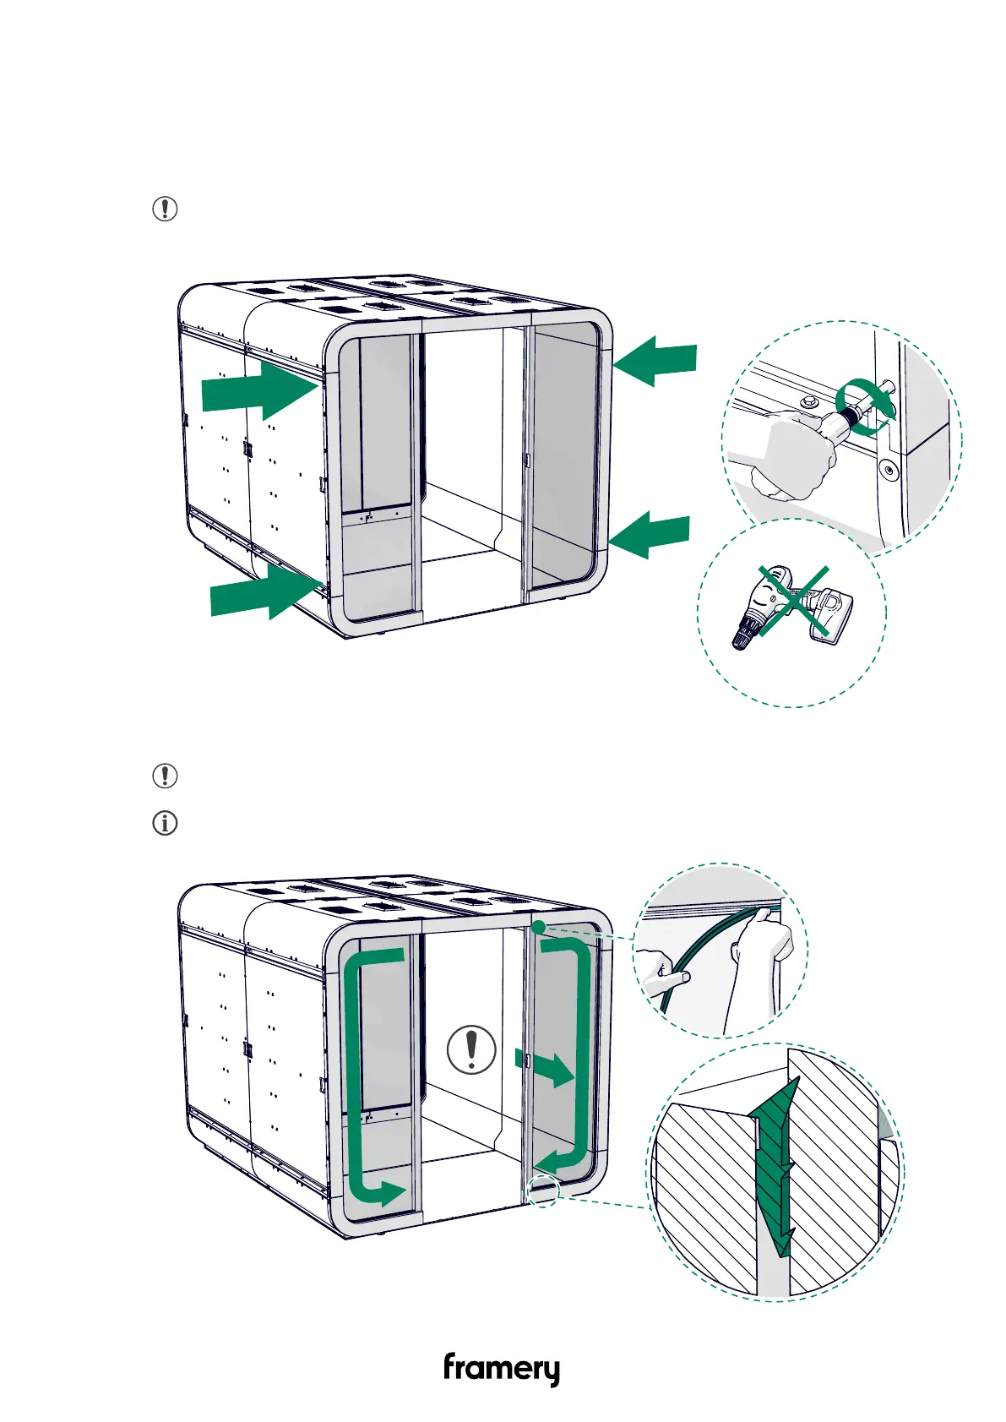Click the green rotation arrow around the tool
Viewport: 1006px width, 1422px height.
863,405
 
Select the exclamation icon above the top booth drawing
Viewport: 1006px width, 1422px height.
165,209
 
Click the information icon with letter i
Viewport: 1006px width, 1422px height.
165,823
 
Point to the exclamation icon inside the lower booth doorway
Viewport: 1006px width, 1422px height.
471,1049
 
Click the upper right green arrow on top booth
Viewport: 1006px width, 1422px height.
656,361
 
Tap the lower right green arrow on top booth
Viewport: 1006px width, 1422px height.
650,535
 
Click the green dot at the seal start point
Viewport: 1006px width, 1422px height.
538,927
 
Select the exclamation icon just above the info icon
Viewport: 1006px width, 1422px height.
165,776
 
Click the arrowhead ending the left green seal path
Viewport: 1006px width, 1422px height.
390,1193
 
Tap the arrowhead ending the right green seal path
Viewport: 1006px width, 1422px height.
548,1161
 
